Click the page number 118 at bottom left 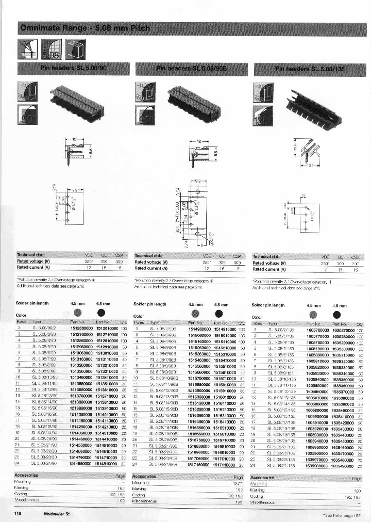(x=18, y=513)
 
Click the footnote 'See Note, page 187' (x=340, y=514)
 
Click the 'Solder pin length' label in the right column (x=267, y=305)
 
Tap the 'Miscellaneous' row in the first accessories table (x=29, y=500)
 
